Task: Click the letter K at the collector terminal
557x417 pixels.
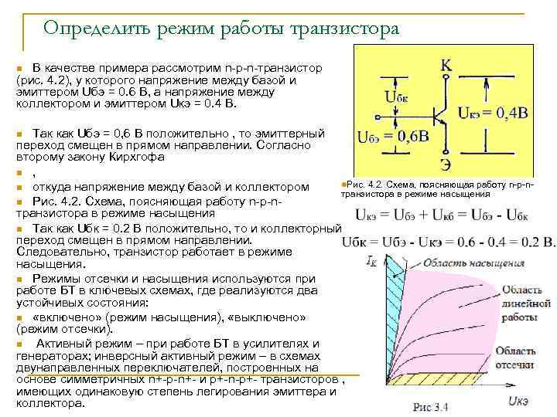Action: pyautogui.click(x=446, y=66)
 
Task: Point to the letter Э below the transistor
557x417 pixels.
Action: pyautogui.click(x=446, y=164)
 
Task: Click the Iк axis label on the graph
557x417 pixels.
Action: pyautogui.click(x=371, y=260)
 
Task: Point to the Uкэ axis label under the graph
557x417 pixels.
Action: pyautogui.click(x=518, y=400)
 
